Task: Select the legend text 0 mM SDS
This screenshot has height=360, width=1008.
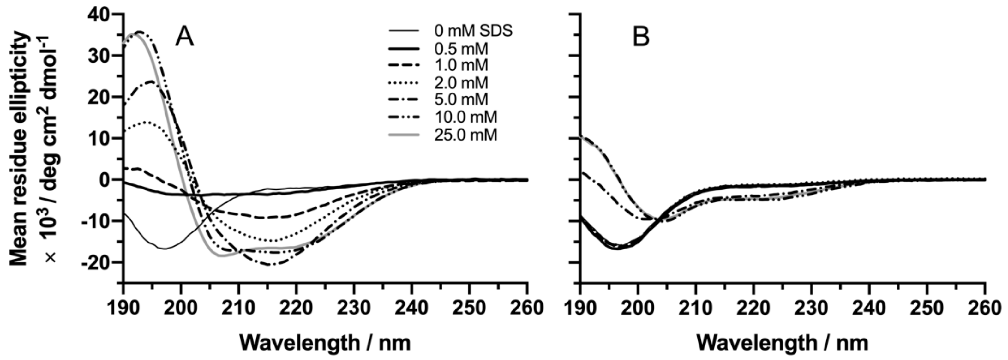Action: point(473,31)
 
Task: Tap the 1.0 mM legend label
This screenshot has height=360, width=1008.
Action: point(461,65)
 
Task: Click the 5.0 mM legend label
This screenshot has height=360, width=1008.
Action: point(461,100)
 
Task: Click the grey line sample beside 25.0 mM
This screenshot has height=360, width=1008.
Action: point(404,135)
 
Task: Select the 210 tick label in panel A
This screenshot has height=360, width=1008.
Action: point(239,308)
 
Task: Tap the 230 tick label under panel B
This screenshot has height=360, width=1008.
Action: point(812,308)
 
